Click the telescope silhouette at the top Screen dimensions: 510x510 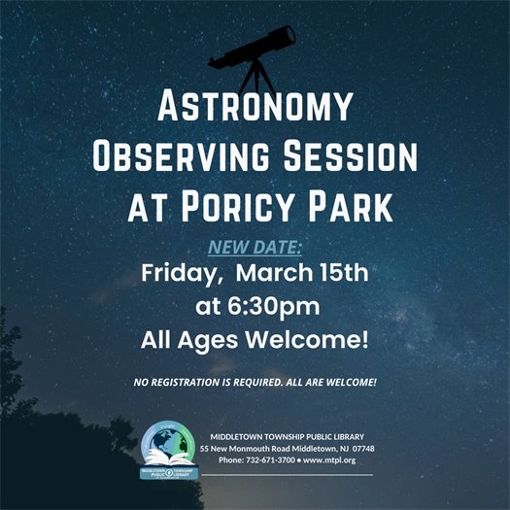(254, 49)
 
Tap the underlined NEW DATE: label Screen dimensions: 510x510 (255, 248)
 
